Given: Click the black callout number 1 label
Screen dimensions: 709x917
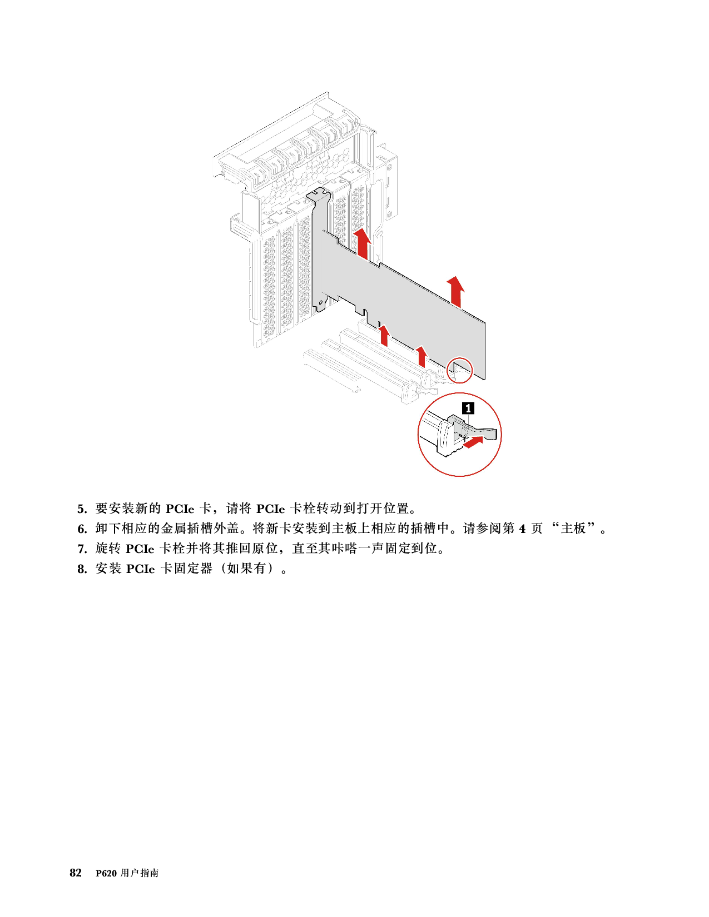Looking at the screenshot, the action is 468,408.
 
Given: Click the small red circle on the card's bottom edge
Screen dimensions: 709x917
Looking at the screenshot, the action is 459,370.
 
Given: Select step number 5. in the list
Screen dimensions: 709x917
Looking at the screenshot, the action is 82,509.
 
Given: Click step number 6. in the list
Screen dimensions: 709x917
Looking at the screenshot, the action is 82,529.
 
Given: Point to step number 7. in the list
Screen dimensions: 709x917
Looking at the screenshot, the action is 82,549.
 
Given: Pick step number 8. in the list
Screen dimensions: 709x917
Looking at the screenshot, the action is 82,569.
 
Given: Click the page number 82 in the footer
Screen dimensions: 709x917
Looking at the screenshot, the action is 76,873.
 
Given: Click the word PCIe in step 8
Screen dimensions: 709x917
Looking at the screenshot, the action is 140,569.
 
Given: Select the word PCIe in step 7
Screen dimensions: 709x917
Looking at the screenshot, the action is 140,549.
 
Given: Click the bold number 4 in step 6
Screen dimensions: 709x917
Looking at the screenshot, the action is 522,529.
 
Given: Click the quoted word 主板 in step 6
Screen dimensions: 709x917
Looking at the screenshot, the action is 573,529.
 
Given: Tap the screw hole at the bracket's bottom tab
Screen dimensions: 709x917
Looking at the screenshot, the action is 321,302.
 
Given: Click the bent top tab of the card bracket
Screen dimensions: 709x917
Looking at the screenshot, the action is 318,195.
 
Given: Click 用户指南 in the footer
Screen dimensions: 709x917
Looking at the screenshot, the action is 140,873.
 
